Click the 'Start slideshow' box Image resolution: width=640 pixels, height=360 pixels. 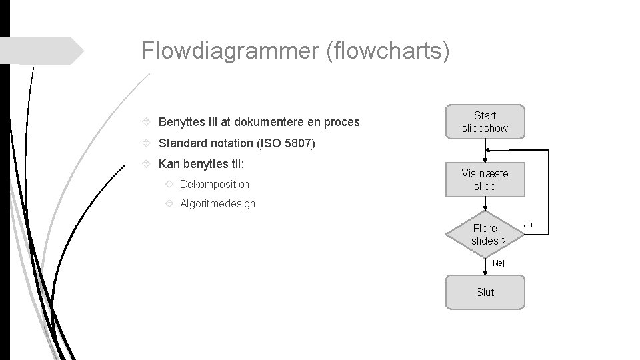coord(485,121)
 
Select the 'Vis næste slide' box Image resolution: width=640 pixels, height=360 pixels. coord(485,180)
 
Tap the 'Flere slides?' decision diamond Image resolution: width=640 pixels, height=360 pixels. coord(485,234)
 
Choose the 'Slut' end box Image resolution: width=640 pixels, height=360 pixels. coord(485,292)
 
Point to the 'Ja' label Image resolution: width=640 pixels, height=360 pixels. coord(528,224)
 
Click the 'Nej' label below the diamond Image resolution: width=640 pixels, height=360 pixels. coord(499,263)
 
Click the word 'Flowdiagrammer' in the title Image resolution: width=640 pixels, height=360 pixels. coord(231,51)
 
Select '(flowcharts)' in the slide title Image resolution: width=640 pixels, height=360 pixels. coord(388,51)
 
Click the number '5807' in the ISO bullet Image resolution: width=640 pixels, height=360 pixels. coord(297,143)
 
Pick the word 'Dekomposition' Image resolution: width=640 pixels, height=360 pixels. coord(215,184)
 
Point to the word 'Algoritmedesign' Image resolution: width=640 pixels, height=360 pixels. coord(217,203)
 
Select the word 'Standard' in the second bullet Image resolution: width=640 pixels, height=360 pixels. coord(181,143)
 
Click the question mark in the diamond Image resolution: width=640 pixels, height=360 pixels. coord(502,241)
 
